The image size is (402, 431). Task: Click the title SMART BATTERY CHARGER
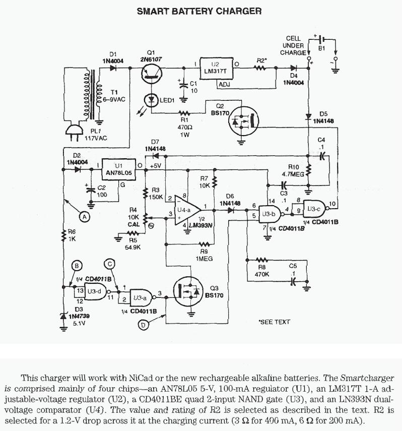[199, 11]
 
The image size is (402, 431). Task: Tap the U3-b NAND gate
[266, 214]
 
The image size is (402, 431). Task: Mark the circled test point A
[85, 216]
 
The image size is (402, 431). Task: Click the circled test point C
[111, 264]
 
